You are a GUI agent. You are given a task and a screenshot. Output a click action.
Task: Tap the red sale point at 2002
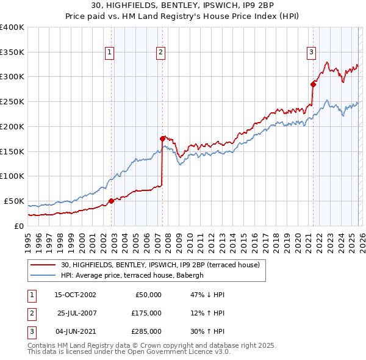tap(111, 200)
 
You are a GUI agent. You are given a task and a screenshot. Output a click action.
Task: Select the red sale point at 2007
tap(163, 139)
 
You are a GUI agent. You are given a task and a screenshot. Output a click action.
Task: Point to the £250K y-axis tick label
tap(12, 101)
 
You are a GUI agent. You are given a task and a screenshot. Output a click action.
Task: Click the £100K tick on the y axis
tap(12, 176)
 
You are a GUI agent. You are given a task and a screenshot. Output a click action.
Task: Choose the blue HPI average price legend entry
tap(135, 275)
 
